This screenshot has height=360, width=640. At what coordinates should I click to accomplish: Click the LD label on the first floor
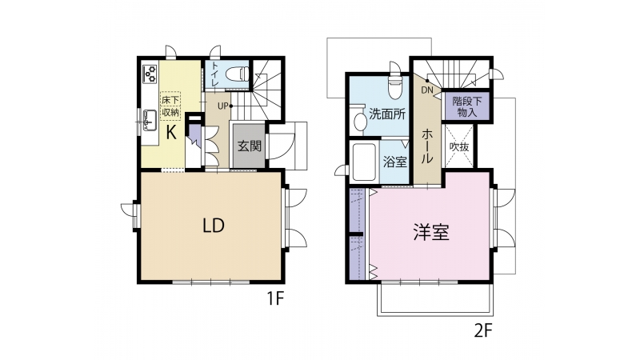[214, 226]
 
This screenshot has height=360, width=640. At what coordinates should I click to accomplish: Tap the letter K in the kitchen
[171, 133]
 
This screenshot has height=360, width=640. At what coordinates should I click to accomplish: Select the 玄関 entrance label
[250, 146]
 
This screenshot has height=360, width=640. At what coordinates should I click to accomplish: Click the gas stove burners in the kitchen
[150, 74]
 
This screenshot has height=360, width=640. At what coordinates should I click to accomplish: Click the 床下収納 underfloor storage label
[170, 106]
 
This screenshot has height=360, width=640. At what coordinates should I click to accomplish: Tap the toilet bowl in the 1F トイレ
[238, 74]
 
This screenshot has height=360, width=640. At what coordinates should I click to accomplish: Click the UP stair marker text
[223, 106]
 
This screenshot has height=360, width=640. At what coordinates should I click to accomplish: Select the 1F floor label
[275, 299]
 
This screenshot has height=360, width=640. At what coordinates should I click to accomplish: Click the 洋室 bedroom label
[431, 232]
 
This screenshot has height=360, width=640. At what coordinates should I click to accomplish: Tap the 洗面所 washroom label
[387, 114]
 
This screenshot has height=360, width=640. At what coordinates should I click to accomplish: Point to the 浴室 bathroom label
[395, 162]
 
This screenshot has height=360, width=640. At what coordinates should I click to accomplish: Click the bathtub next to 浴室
[364, 162]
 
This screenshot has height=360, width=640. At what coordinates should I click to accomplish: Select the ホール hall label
[427, 146]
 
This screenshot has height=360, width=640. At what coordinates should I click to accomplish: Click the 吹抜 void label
[459, 146]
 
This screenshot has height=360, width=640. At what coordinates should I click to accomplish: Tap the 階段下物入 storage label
[466, 106]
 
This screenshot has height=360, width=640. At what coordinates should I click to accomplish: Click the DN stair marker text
[427, 90]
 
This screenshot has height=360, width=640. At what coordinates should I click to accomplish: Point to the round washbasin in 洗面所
[360, 122]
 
